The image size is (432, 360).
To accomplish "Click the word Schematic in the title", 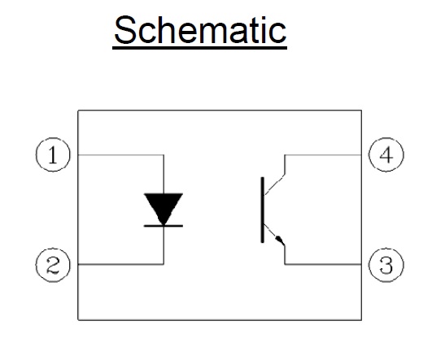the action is click(x=200, y=30).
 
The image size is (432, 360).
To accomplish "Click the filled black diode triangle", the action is click(x=164, y=207).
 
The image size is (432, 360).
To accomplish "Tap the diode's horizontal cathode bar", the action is click(x=164, y=226).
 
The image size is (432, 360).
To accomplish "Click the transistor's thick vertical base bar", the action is click(x=263, y=210).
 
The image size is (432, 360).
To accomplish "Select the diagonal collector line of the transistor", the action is click(x=274, y=184).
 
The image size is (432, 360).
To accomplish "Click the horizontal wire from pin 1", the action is click(x=121, y=155).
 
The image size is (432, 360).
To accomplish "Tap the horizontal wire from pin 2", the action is click(x=121, y=264).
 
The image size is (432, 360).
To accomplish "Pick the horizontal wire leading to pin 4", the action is click(x=323, y=155).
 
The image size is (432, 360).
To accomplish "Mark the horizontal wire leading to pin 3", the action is click(x=323, y=264).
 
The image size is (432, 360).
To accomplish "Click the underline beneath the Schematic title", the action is click(x=200, y=48).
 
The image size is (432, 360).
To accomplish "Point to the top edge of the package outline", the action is click(x=220, y=111).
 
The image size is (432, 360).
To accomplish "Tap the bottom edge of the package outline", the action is click(x=220, y=320).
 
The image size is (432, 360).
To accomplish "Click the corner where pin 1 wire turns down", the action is click(x=164, y=155).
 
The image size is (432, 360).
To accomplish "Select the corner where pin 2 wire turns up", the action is click(x=164, y=264).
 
